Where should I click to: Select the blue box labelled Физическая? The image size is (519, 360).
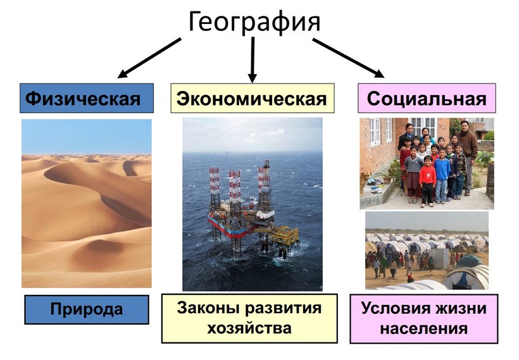87,98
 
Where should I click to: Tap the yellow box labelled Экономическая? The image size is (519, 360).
252,98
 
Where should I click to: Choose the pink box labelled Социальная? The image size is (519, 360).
427,98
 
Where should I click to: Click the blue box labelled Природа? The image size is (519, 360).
87,310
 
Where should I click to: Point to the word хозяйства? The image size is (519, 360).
249,328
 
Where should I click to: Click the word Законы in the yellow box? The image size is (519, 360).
209,308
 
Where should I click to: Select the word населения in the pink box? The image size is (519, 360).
423,329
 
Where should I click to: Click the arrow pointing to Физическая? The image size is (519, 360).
149,58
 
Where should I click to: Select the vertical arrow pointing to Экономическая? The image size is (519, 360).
253,59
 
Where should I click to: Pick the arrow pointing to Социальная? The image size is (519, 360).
349,58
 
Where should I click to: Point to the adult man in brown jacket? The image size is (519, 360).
467,156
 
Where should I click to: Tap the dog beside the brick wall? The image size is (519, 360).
365,182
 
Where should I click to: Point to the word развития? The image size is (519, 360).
283,308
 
